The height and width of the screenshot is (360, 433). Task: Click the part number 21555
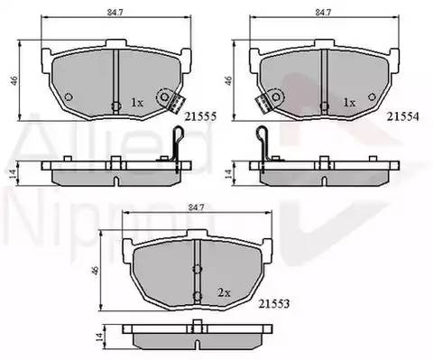(200, 116)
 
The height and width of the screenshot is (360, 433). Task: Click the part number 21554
(402, 116)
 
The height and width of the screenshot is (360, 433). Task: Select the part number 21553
(273, 304)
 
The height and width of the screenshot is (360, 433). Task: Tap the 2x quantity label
(224, 292)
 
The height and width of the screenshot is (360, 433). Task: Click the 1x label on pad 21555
(137, 103)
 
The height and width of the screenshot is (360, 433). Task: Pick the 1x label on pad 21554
(349, 103)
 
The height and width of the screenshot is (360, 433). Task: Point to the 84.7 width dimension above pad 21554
(323, 13)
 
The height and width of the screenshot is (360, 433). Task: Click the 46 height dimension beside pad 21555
(14, 80)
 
